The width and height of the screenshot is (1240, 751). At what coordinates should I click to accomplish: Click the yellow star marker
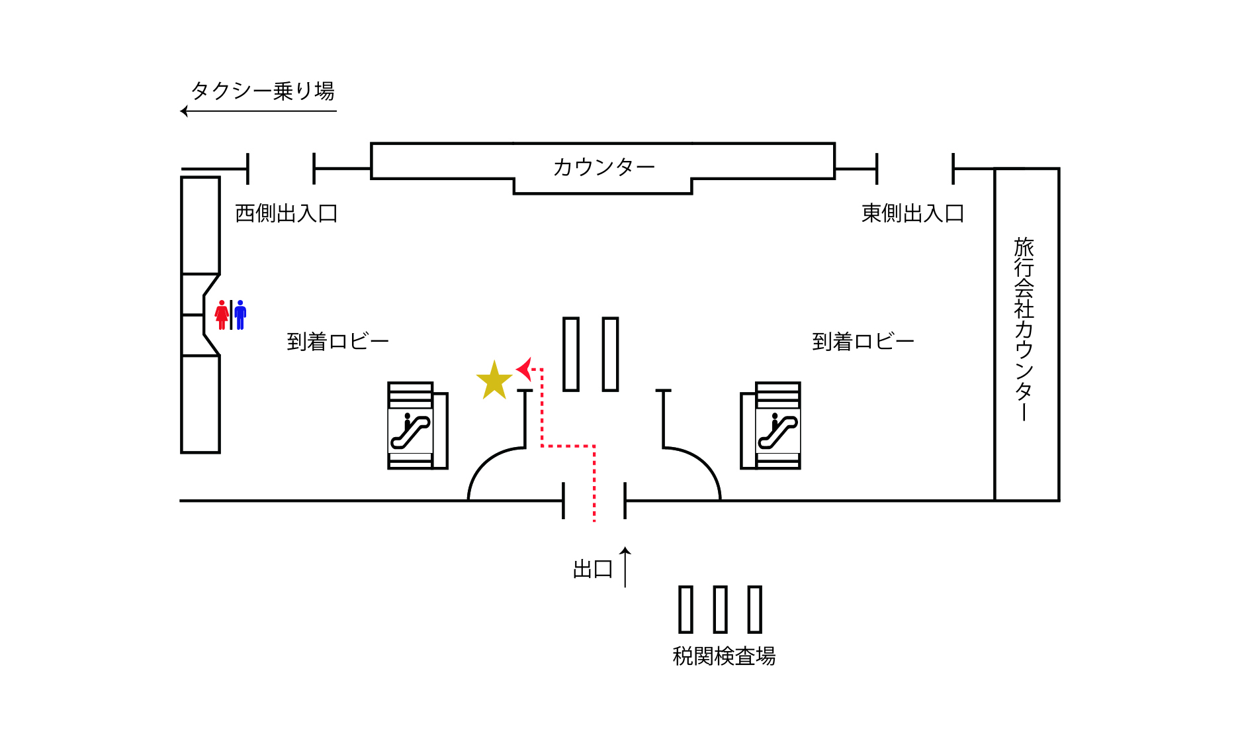494,381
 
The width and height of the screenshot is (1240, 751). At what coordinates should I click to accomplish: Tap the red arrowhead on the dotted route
525,369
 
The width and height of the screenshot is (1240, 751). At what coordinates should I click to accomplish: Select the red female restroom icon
222,315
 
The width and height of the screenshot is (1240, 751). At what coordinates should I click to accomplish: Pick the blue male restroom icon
240,315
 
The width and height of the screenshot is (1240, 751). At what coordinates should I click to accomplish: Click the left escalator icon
410,431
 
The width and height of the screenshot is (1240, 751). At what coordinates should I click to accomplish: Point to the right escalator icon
777,431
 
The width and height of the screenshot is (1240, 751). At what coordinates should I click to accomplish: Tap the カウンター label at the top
603,167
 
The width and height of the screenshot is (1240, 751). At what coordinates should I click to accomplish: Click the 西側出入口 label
287,213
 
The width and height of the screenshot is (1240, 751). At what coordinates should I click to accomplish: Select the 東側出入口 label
912,213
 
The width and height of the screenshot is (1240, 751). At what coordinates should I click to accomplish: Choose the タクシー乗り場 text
263,91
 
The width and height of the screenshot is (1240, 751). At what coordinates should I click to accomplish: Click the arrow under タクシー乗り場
258,111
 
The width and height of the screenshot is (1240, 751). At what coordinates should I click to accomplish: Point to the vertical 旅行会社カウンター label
1024,328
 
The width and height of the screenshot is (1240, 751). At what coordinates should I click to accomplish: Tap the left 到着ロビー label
337,342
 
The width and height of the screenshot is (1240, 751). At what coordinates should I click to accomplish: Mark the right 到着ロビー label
863,342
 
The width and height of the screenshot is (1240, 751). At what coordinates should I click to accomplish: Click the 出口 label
592,569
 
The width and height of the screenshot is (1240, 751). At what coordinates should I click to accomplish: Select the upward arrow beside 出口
625,567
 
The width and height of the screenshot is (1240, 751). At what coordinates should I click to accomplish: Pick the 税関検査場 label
724,656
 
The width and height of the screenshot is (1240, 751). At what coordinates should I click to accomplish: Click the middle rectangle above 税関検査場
721,609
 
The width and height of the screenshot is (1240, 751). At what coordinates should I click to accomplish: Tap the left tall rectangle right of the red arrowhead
571,354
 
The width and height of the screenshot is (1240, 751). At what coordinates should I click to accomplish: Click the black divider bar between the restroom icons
231,315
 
